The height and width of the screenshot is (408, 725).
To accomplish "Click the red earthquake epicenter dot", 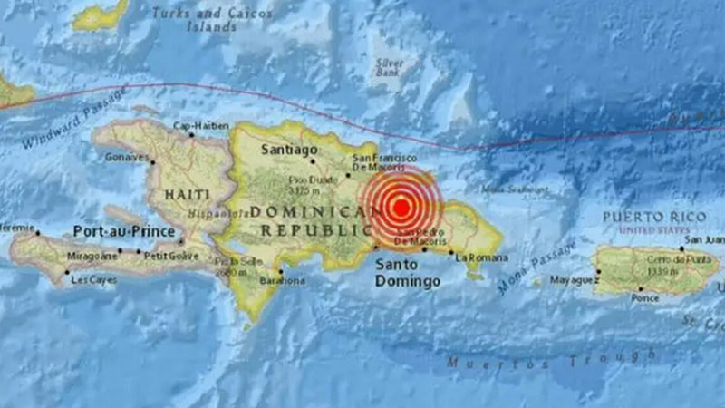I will coord(400,206).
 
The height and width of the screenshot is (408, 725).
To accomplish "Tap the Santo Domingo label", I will coord(408,272).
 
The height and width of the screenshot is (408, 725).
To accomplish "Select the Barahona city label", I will coord(283,281).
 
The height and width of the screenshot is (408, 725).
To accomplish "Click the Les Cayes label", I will coord(93,280).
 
